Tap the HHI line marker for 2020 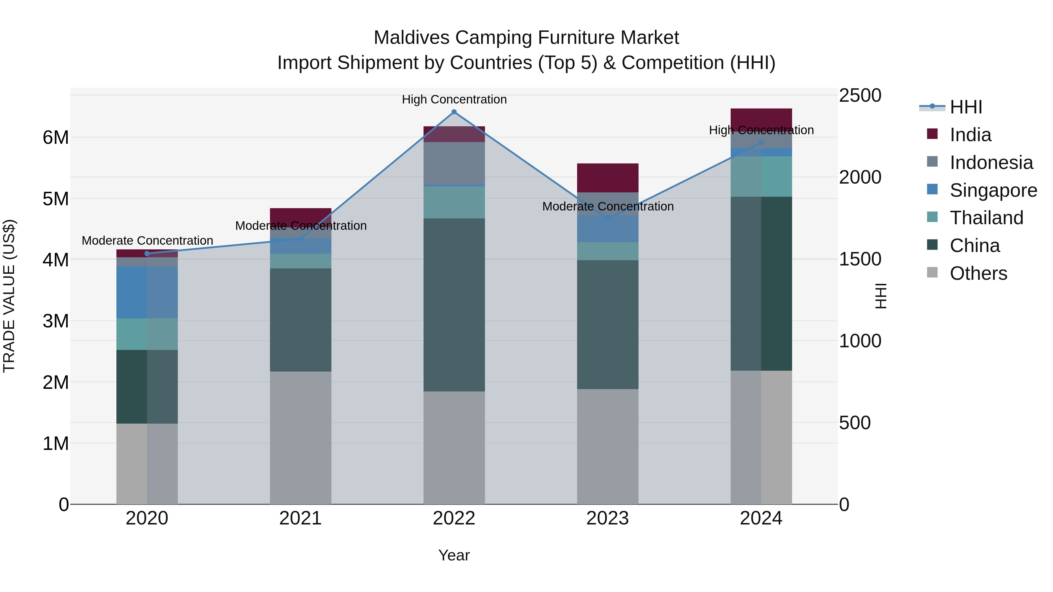[147, 254]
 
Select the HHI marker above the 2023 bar [608, 219]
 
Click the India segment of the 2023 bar [608, 178]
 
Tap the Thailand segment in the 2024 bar [761, 177]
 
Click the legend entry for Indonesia [991, 163]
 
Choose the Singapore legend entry [993, 190]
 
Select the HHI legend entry [966, 107]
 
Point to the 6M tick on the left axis [56, 138]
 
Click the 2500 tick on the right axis [860, 96]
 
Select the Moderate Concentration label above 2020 [147, 241]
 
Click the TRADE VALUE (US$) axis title [9, 296]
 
